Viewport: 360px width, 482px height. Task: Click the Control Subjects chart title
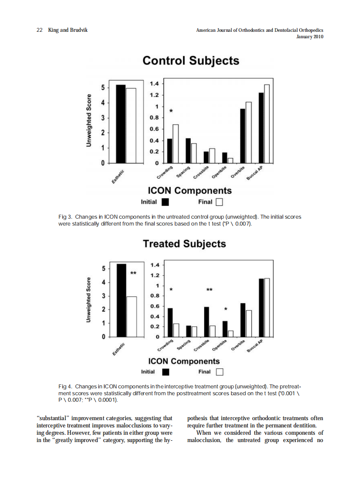pyautogui.click(x=190, y=61)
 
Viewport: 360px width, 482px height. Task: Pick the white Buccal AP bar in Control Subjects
pyautogui.click(x=267, y=124)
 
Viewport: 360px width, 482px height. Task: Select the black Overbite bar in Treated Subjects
pyautogui.click(x=243, y=320)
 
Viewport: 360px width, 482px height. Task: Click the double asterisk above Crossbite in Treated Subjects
pyautogui.click(x=209, y=290)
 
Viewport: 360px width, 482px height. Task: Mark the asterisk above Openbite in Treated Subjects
pyautogui.click(x=226, y=309)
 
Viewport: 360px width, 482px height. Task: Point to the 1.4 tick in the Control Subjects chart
pyautogui.click(x=154, y=83)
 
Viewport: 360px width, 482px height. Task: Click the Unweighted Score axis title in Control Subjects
pyautogui.click(x=89, y=121)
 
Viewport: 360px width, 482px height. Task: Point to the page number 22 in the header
pyautogui.click(x=39, y=30)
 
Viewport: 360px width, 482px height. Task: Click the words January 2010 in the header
pyautogui.click(x=310, y=37)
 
